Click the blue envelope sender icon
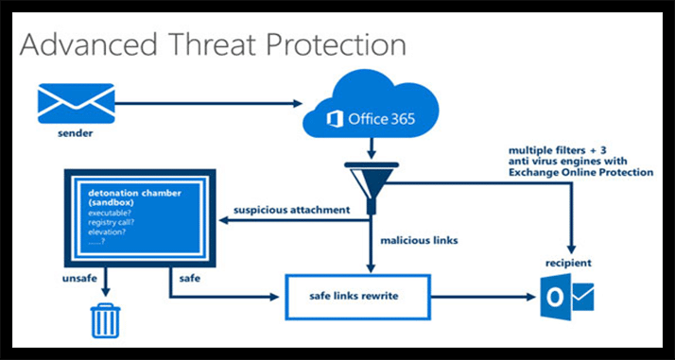(x=75, y=101)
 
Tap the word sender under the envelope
(x=75, y=131)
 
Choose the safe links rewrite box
(x=358, y=297)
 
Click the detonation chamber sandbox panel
(x=139, y=214)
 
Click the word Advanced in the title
(x=90, y=44)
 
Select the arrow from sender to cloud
(x=208, y=102)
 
